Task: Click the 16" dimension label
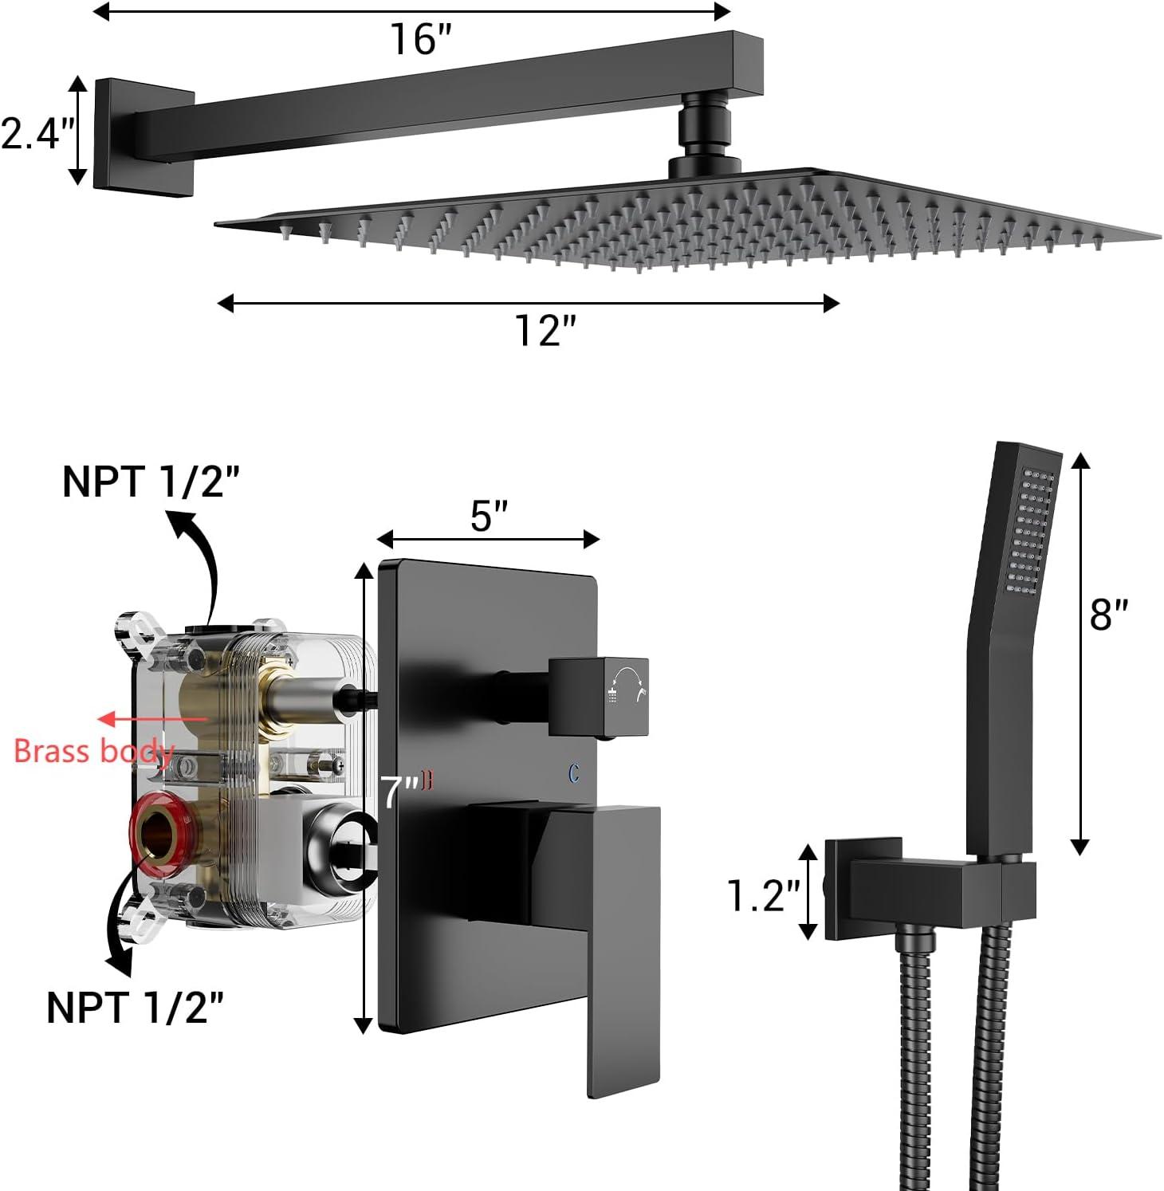420,39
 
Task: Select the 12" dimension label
545,329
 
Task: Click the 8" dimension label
1109,615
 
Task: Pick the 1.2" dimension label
763,895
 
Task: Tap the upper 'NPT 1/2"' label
151,482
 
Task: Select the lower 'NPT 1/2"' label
135,1007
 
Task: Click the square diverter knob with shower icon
600,696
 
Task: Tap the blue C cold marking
574,773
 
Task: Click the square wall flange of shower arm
144,133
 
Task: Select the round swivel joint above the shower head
704,126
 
